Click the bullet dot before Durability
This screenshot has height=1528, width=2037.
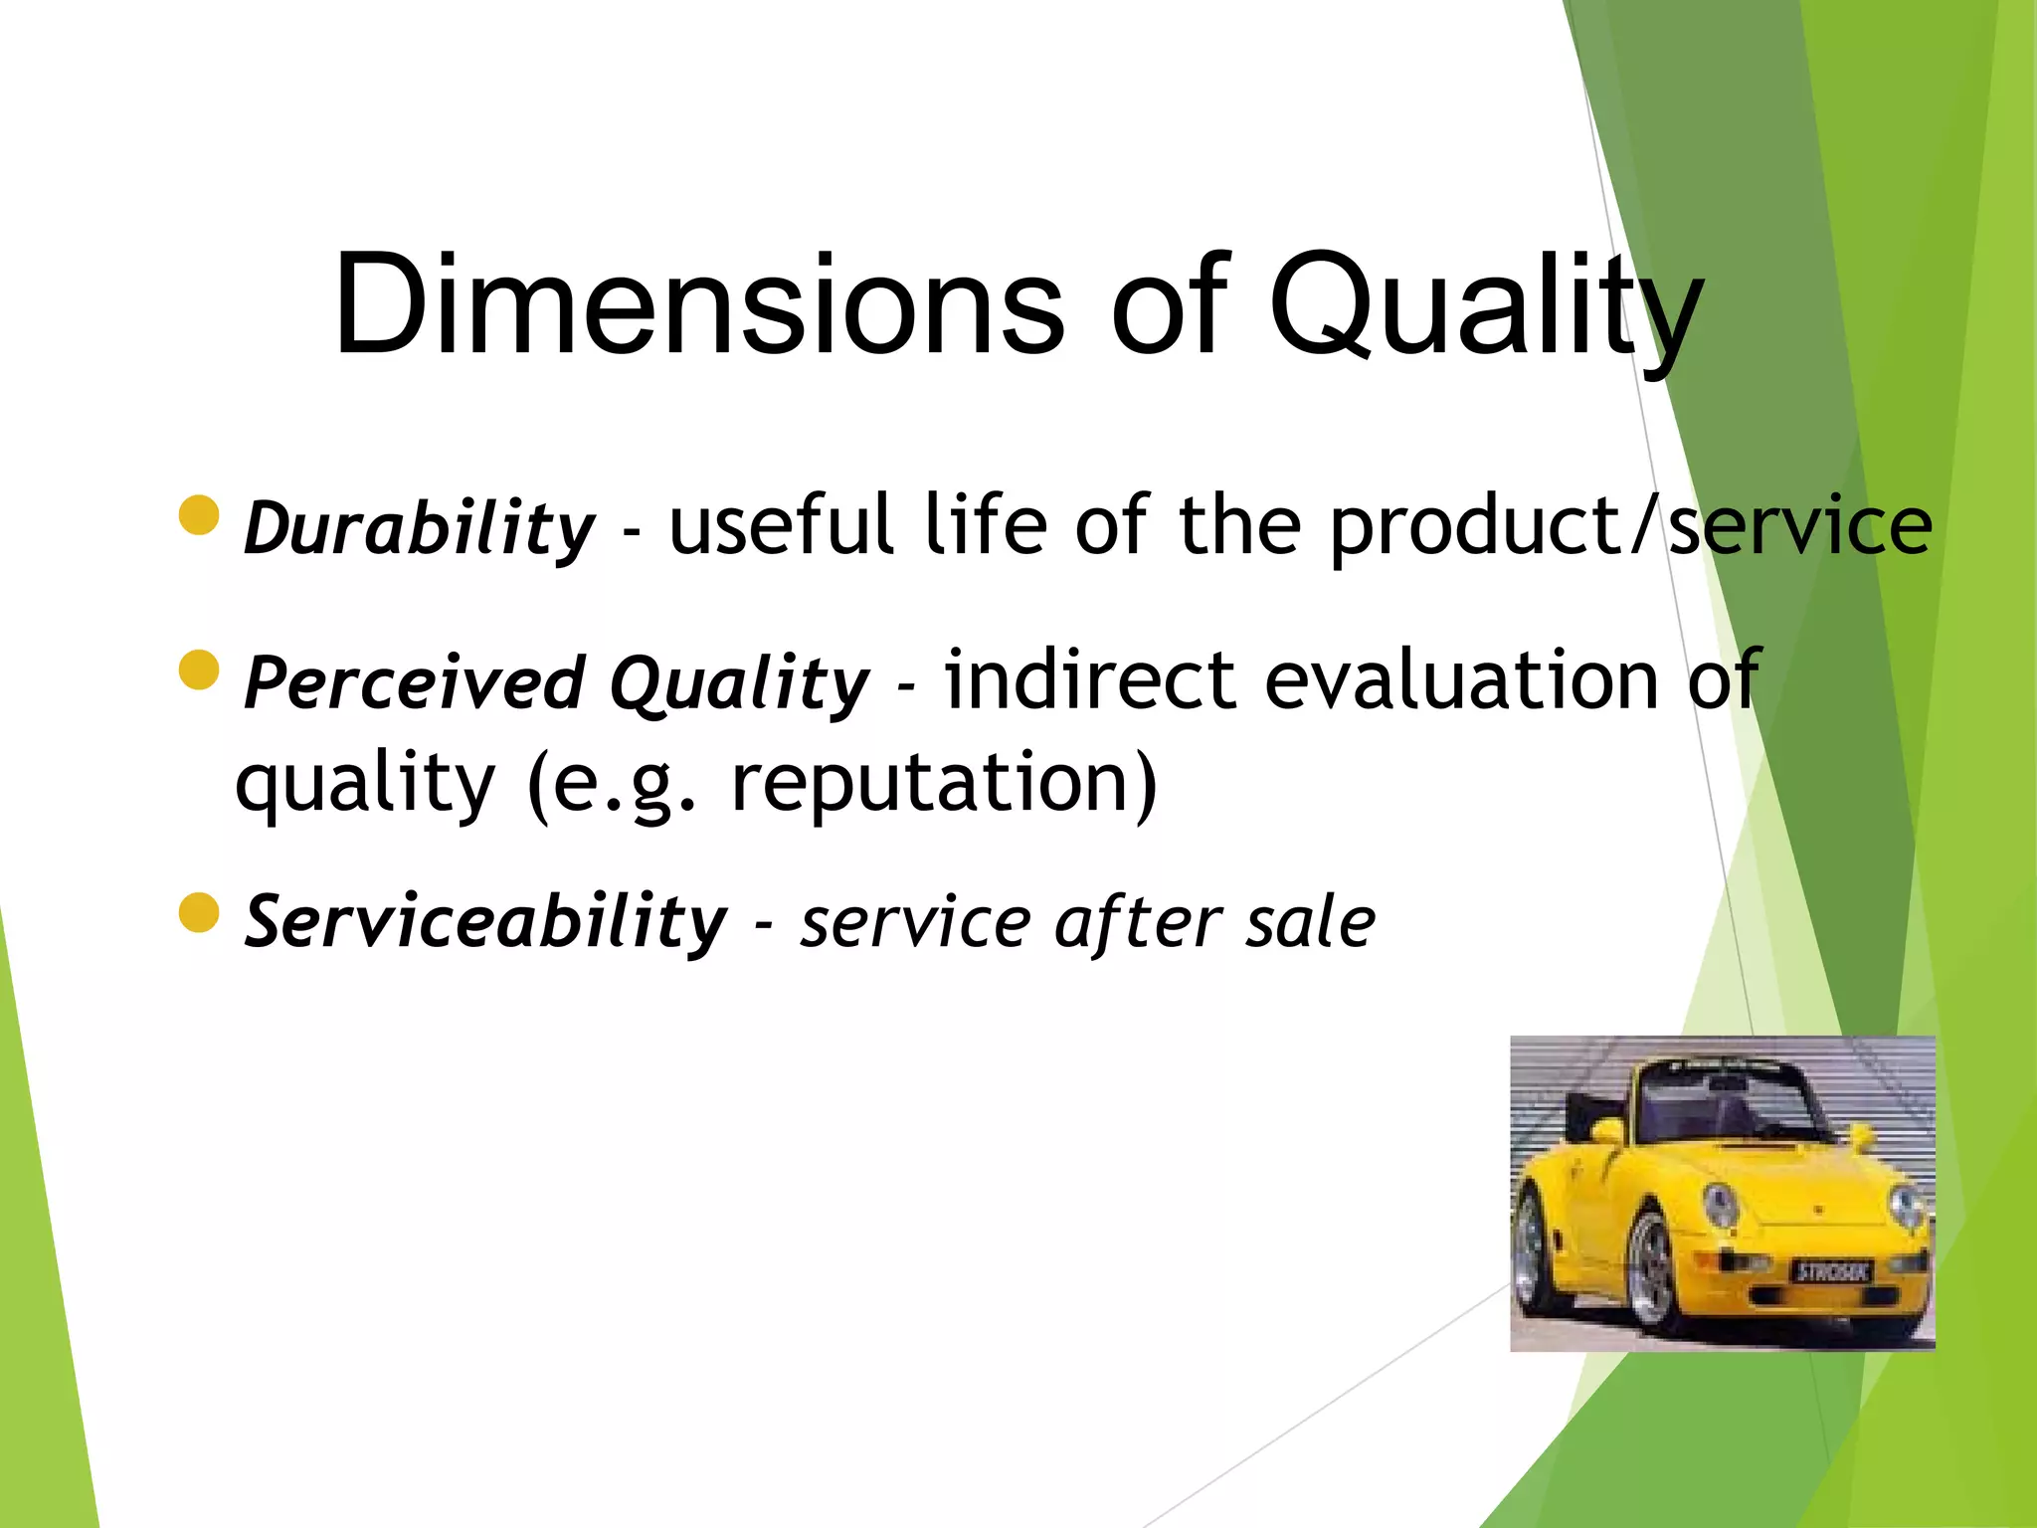199,515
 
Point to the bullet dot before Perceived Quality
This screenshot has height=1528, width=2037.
199,669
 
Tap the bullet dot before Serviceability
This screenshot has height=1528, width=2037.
199,912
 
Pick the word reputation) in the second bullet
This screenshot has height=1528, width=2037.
945,782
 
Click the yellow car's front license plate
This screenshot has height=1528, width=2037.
1832,1270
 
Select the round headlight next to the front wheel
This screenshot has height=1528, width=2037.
1720,1205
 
